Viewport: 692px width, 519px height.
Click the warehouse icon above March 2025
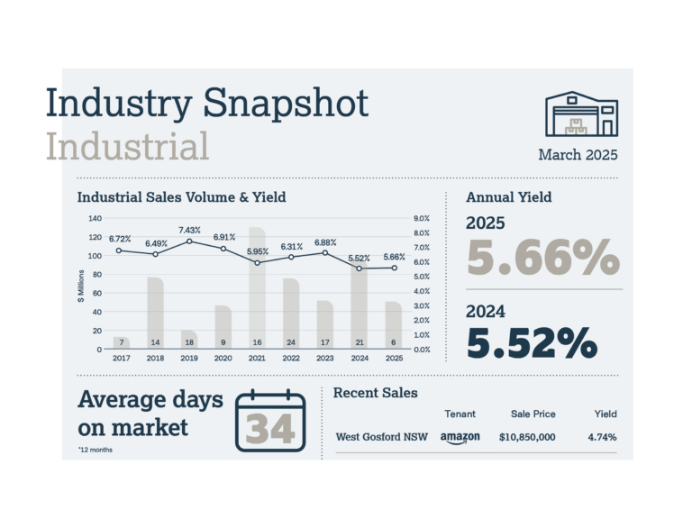pyautogui.click(x=581, y=114)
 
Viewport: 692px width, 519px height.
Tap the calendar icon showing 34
pyautogui.click(x=270, y=421)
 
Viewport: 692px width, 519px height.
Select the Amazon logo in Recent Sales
pyautogui.click(x=460, y=437)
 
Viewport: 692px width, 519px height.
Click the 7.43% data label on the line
pyautogui.click(x=189, y=231)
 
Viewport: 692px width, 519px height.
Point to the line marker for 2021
pyautogui.click(x=258, y=262)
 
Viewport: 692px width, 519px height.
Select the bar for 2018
pyautogui.click(x=155, y=312)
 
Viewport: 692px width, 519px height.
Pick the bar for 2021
pyautogui.click(x=258, y=287)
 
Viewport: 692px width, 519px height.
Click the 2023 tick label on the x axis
pyautogui.click(x=324, y=358)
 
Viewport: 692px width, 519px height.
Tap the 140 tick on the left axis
pyautogui.click(x=95, y=219)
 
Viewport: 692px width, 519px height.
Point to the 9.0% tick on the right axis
pyautogui.click(x=422, y=219)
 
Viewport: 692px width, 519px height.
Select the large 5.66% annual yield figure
pyautogui.click(x=542, y=259)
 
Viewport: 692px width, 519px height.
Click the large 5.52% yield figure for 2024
pyautogui.click(x=532, y=343)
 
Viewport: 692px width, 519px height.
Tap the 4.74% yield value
pyautogui.click(x=602, y=437)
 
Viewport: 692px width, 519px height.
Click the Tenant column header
pyautogui.click(x=460, y=414)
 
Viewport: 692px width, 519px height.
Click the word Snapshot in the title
pyautogui.click(x=286, y=103)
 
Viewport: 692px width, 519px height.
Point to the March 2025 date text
pyautogui.click(x=578, y=155)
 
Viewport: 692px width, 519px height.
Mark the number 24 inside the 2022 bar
pyautogui.click(x=290, y=342)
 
